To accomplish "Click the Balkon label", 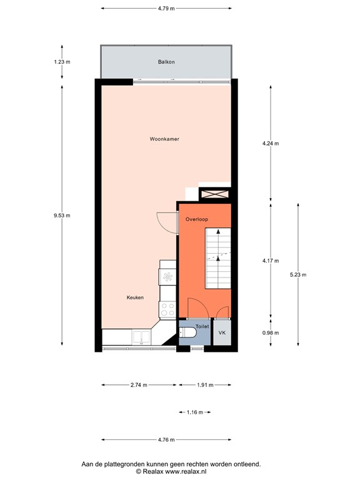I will [166, 62].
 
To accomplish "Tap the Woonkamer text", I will [164, 139].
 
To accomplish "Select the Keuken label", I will [135, 297].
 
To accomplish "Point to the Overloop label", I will [196, 219].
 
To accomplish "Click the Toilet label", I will [202, 326].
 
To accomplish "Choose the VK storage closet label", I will [222, 333].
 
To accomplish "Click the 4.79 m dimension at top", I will [166, 9].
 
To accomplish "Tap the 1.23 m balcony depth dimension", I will [62, 62].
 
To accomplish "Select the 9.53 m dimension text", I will [62, 216].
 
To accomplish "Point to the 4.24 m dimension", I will [271, 144].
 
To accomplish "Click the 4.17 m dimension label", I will [271, 261].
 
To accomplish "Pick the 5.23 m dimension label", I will [297, 274].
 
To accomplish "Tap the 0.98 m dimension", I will [271, 332].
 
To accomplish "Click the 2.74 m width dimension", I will [139, 385].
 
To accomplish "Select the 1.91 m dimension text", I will [205, 385].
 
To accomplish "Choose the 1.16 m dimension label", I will [195, 412].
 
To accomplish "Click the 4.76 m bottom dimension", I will [166, 439].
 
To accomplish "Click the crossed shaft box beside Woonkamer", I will [214, 194].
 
